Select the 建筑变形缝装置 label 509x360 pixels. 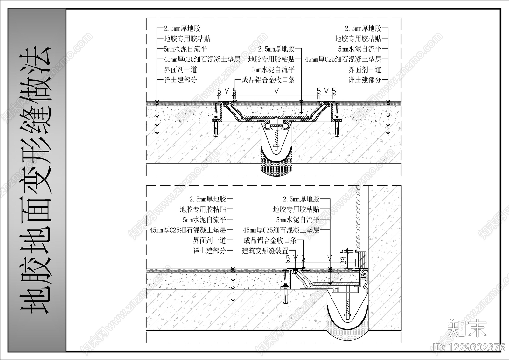(x=265, y=251)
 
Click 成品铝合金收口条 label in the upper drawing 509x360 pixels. (x=268, y=80)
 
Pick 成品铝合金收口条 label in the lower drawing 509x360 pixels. (x=270, y=240)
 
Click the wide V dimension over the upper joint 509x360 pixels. (x=276, y=91)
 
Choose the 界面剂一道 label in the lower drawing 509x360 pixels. (x=210, y=240)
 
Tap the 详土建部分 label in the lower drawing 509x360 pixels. (x=210, y=251)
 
